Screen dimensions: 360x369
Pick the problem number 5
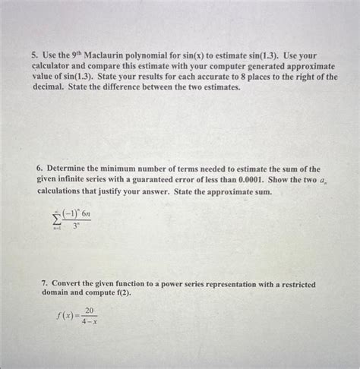pyautogui.click(x=34, y=56)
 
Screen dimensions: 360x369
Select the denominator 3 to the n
pyautogui.click(x=76, y=226)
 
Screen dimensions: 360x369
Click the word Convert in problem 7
pyautogui.click(x=68, y=284)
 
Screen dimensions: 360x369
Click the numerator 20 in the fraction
pyautogui.click(x=90, y=311)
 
